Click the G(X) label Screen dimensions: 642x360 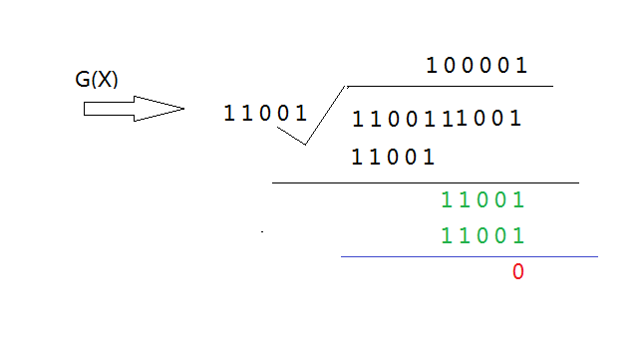pyautogui.click(x=97, y=79)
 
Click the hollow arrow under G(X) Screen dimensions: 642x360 pyautogui.click(x=134, y=109)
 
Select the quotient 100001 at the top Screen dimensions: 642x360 pyautogui.click(x=477, y=66)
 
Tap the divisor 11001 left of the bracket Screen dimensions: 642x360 pyautogui.click(x=265, y=113)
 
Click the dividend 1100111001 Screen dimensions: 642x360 pyautogui.click(x=437, y=119)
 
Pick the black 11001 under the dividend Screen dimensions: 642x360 pyautogui.click(x=393, y=157)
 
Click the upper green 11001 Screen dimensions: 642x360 pyautogui.click(x=482, y=199)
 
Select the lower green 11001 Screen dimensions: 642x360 pyautogui.click(x=482, y=235)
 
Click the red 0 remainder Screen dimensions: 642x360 pyautogui.click(x=518, y=271)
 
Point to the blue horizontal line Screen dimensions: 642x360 pyautogui.click(x=470, y=257)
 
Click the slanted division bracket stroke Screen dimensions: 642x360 pyautogui.click(x=325, y=115)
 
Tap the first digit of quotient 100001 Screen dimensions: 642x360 pyautogui.click(x=431, y=66)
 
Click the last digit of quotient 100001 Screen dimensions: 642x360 pyautogui.click(x=521, y=66)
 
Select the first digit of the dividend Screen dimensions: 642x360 pyautogui.click(x=357, y=119)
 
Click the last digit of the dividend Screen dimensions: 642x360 pyautogui.click(x=516, y=119)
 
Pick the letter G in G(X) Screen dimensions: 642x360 pyautogui.click(x=83, y=79)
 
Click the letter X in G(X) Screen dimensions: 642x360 pyautogui.click(x=105, y=79)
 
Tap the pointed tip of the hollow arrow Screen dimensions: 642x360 pyautogui.click(x=184, y=109)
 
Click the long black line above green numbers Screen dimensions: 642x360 pyautogui.click(x=426, y=182)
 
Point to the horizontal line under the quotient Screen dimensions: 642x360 pyautogui.click(x=450, y=87)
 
